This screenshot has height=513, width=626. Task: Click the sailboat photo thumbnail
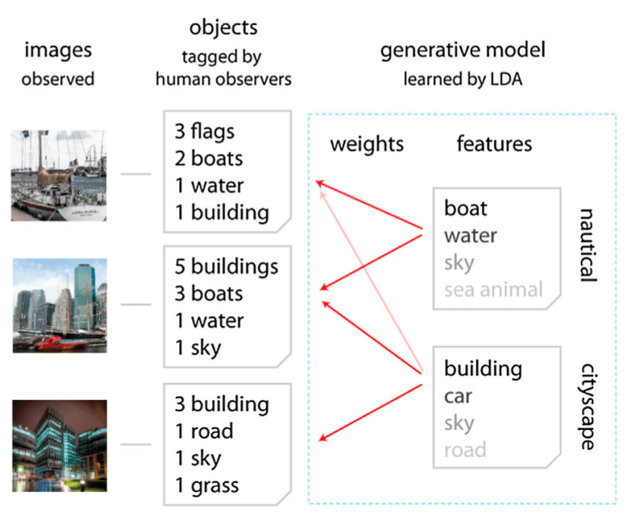pos(59,175)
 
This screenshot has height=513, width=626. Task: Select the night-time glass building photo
pos(59,445)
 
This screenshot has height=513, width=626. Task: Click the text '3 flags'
pos(204,131)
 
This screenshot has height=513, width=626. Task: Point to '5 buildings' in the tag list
pos(226,267)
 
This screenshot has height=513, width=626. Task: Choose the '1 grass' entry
pos(207,486)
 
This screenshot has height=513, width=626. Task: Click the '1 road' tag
pos(204,431)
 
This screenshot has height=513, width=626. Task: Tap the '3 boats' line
pos(209,294)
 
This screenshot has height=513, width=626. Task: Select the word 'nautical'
pos(587,245)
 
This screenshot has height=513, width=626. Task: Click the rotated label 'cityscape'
pos(587,406)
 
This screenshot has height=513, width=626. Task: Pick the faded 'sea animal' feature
pos(493,289)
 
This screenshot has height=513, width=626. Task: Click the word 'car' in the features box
pos(458,395)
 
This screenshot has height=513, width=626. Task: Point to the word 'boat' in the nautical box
pos(465,208)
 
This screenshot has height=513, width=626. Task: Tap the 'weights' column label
pos(366,144)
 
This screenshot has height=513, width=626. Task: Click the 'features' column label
pos(494,144)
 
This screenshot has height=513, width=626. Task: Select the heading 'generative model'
pos(463,50)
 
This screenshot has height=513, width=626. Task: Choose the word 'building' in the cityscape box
pos(483,369)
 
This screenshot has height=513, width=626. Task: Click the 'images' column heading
pos(58,50)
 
